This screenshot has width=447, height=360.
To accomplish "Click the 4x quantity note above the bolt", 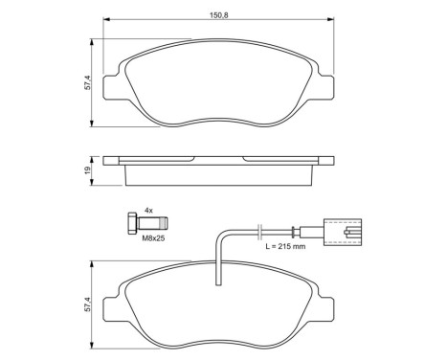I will [x=148, y=209].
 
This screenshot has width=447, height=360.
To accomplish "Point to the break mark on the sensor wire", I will [x=259, y=230].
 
